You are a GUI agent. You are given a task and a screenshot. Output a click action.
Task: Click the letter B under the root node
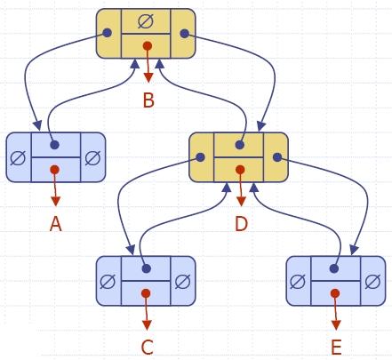(148, 100)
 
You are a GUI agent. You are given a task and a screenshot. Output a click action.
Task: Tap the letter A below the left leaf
(56, 224)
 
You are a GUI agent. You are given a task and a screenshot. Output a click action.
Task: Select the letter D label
(241, 224)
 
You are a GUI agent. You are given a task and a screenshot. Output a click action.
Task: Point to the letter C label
(147, 348)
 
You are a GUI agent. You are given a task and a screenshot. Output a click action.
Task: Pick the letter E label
(336, 348)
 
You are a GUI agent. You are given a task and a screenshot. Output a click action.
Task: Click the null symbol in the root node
(146, 21)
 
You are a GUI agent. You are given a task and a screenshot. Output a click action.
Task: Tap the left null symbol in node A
(18, 157)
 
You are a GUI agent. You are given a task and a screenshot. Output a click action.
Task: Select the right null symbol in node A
(92, 157)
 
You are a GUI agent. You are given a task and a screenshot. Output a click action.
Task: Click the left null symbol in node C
(108, 281)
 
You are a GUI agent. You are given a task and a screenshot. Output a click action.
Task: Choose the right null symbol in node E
(372, 281)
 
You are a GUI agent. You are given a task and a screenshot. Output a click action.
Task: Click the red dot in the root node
(148, 46)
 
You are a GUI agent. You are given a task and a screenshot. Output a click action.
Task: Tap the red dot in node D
(240, 170)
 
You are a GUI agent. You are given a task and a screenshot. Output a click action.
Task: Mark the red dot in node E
(335, 293)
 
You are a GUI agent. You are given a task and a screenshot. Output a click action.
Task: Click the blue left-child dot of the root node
(108, 33)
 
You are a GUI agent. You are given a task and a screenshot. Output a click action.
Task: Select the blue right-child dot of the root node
(184, 33)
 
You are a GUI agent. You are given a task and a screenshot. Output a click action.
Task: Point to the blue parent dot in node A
(54, 145)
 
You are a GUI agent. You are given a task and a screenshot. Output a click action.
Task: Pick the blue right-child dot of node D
(277, 157)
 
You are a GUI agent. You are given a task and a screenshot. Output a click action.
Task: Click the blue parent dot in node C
(147, 268)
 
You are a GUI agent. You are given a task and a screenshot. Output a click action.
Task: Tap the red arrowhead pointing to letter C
(147, 324)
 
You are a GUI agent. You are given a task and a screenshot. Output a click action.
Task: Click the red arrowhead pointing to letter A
(55, 201)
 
